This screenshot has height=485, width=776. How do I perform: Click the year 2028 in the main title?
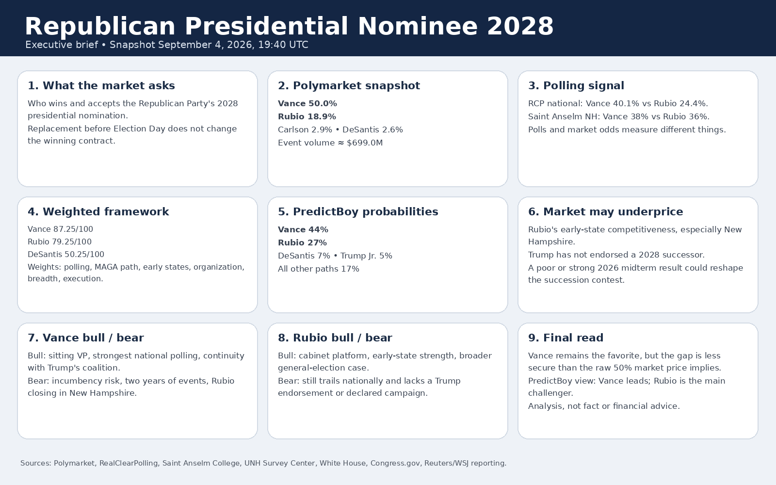coord(520,26)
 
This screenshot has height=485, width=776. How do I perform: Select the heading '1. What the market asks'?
coord(101,85)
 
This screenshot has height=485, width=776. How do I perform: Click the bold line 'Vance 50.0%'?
coord(307,104)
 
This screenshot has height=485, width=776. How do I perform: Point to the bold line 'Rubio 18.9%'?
coord(307,117)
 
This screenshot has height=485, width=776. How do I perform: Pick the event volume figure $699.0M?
coord(365,143)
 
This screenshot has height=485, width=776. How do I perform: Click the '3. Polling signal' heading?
coord(576,85)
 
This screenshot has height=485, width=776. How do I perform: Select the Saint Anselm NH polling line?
coord(619,117)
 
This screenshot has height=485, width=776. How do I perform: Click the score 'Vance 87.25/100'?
coord(60,229)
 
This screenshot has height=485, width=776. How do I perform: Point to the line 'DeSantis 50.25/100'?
coord(66,254)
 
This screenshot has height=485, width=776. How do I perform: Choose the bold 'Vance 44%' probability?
coord(303,230)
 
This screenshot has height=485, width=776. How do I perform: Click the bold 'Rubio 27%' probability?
coord(303,243)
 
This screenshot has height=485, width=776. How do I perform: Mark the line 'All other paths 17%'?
coord(318,269)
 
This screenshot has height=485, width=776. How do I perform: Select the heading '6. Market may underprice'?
coord(606,211)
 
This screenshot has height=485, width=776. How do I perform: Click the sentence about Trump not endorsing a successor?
coord(616,255)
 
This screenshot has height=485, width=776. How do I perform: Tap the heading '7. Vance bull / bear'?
coord(85,338)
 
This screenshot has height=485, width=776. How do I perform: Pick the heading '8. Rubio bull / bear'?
coord(335,338)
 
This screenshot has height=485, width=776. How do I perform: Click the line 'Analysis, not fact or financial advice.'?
coord(604,406)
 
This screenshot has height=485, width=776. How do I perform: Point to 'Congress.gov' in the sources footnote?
coord(395,463)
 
